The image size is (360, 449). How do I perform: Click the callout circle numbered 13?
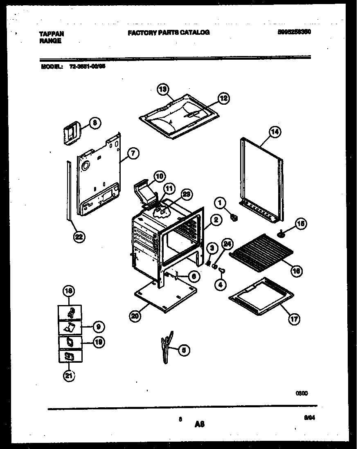pos(163,89)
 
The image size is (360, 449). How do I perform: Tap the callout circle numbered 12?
pos(223,98)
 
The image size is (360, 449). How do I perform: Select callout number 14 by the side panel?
pos(275,132)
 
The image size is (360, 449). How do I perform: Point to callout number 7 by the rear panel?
pos(133,153)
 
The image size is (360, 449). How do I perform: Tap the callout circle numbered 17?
pos(294,319)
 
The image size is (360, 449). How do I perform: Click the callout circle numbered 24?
pos(227,245)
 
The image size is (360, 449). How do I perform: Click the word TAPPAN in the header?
pos(52,34)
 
